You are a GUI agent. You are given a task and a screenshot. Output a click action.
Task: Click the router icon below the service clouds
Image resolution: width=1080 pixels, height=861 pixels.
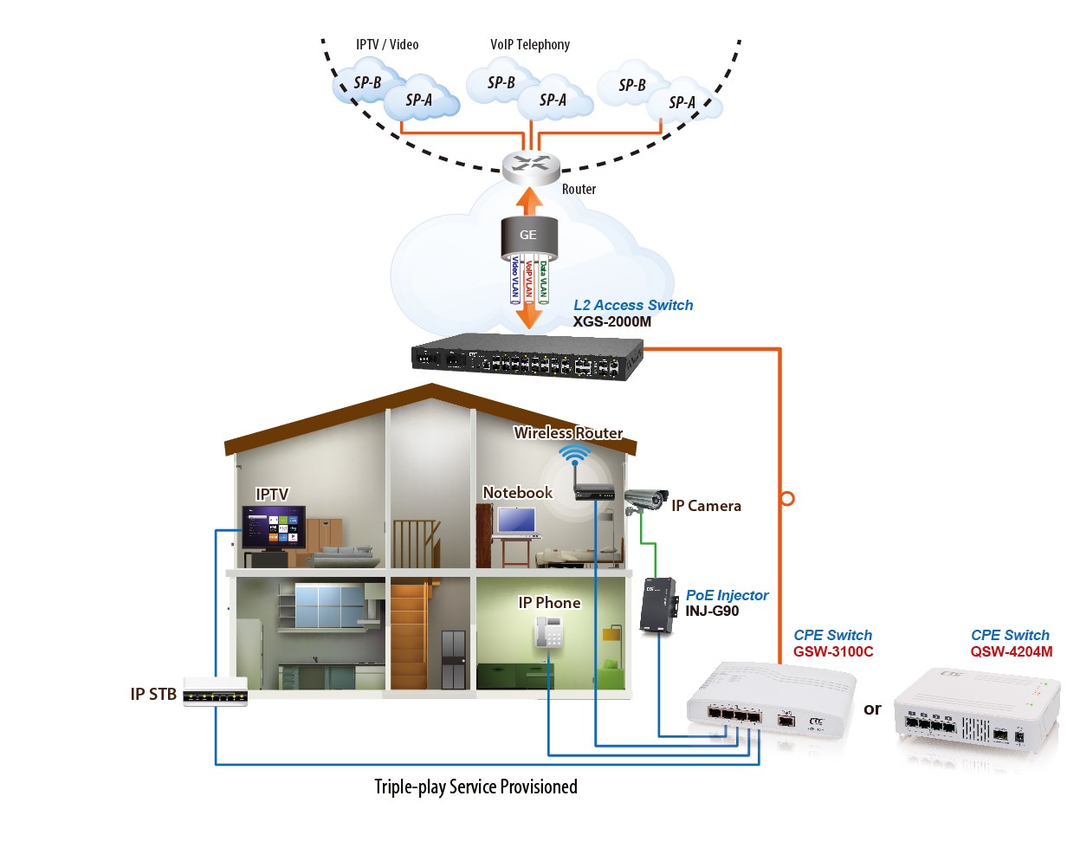[x=530, y=168]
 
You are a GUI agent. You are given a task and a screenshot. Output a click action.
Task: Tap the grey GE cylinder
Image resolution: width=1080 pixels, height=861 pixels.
[x=529, y=238]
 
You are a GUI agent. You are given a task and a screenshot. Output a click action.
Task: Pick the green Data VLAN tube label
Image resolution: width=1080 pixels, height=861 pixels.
[x=543, y=282]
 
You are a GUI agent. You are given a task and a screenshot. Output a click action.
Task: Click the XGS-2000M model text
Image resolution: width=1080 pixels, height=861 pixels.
[x=611, y=321]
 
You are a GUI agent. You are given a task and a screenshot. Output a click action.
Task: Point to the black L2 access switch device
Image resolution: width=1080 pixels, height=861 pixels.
[x=527, y=356]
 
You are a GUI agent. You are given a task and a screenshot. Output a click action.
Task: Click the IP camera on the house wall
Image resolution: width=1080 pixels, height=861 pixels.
[x=646, y=500]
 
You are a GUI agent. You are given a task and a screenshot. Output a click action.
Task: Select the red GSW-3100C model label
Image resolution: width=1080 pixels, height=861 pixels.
[x=833, y=651]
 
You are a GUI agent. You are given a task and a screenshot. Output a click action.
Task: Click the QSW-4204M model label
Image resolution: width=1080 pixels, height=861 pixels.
[x=1011, y=651]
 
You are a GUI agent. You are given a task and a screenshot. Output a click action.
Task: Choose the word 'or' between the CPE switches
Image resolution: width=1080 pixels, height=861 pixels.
[x=872, y=709]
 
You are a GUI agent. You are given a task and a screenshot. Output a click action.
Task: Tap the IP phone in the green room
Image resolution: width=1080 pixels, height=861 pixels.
[x=548, y=631]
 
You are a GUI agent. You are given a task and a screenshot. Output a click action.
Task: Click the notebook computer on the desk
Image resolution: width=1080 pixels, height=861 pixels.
[x=517, y=522]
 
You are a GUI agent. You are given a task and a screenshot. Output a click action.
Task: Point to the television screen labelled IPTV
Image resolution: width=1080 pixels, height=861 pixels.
[x=274, y=528]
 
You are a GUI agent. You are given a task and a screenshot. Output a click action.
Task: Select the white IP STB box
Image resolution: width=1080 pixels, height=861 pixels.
[x=216, y=691]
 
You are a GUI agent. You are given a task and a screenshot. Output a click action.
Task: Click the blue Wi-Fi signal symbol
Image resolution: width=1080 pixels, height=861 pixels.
[x=574, y=455]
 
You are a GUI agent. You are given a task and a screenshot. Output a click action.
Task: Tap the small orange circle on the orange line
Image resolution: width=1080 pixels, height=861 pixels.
[x=787, y=499]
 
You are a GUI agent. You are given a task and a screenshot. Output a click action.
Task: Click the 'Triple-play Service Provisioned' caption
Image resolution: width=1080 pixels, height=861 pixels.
[x=475, y=787]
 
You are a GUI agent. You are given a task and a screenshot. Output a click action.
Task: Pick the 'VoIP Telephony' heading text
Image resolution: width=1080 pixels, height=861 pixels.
[x=530, y=45]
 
